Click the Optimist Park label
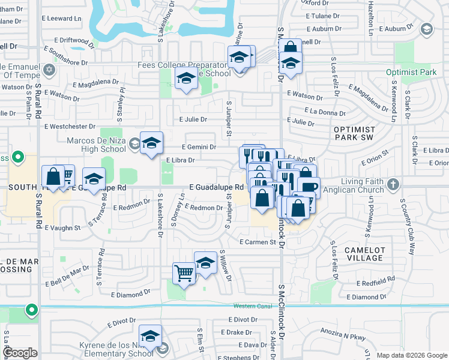(411, 73)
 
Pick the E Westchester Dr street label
(70, 127)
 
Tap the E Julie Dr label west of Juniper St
(193, 119)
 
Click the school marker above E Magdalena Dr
(185, 78)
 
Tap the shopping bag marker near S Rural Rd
(53, 176)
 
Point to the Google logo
(20, 353)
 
